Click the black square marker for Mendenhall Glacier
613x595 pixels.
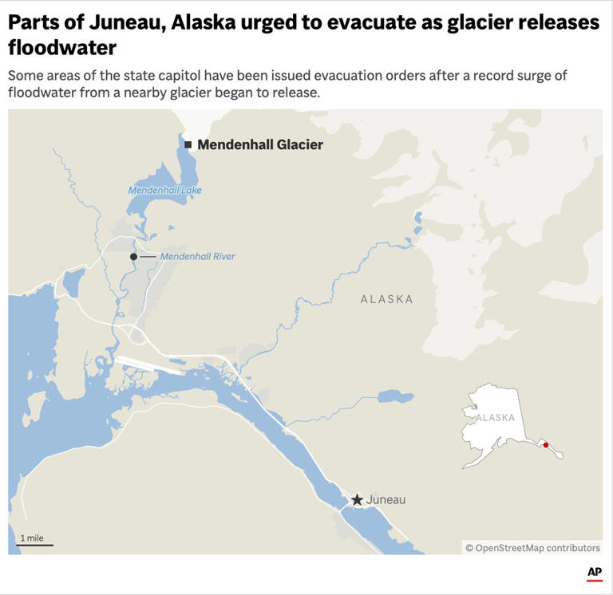pos(188,144)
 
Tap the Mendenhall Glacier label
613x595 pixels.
pos(260,144)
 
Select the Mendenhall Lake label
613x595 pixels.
pos(165,191)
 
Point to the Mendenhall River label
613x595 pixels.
pos(197,256)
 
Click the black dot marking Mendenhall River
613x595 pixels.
pos(134,256)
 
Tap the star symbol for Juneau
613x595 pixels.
pos(357,500)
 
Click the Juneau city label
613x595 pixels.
pos(386,500)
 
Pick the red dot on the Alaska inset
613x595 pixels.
pos(546,445)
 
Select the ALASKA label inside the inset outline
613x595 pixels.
pos(496,418)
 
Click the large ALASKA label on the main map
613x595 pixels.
pos(387,299)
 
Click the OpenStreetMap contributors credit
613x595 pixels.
pos(532,548)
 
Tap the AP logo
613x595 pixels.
pos(594,573)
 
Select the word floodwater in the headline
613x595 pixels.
pos(62,48)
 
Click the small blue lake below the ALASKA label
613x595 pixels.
pos(395,396)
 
